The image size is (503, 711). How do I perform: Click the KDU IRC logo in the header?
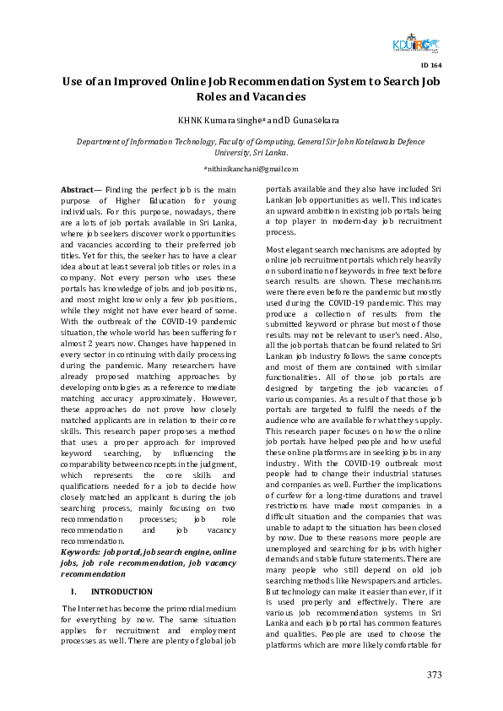(x=416, y=46)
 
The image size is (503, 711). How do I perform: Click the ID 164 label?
(x=430, y=65)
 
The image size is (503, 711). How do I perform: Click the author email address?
(x=251, y=170)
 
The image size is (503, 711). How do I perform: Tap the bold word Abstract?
(x=77, y=192)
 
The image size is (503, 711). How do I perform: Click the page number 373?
(x=434, y=675)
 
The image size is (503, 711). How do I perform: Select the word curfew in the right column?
(x=284, y=491)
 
